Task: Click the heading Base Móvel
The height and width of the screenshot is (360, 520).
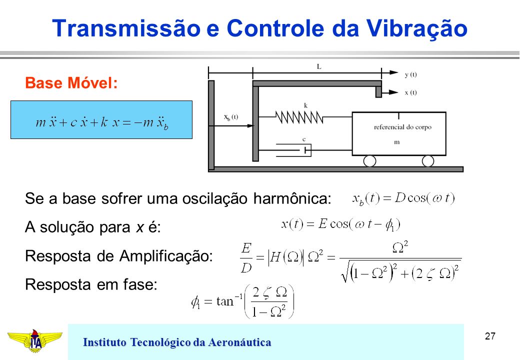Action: [71, 83]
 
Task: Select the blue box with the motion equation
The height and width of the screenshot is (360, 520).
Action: [101, 119]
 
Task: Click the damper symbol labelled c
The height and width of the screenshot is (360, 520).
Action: [294, 150]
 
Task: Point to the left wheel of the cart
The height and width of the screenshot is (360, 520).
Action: [370, 161]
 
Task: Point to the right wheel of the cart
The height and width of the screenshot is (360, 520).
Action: [428, 161]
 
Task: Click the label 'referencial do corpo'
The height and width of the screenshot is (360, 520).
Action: [402, 127]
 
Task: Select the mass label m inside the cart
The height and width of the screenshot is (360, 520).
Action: [396, 142]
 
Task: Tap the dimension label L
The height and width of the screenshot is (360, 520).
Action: [319, 66]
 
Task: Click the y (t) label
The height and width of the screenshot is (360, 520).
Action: [410, 74]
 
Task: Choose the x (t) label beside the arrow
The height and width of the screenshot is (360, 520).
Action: [410, 92]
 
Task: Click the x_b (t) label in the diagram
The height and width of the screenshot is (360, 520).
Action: [231, 117]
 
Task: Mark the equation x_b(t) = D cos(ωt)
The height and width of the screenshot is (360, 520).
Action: [403, 198]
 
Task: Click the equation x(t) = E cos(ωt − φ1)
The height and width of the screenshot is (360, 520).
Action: [340, 225]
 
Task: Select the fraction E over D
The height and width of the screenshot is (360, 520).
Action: [246, 257]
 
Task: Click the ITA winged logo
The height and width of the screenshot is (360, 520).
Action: [35, 340]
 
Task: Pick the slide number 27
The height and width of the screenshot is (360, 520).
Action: [490, 336]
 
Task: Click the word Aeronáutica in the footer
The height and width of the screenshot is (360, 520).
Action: [239, 342]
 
